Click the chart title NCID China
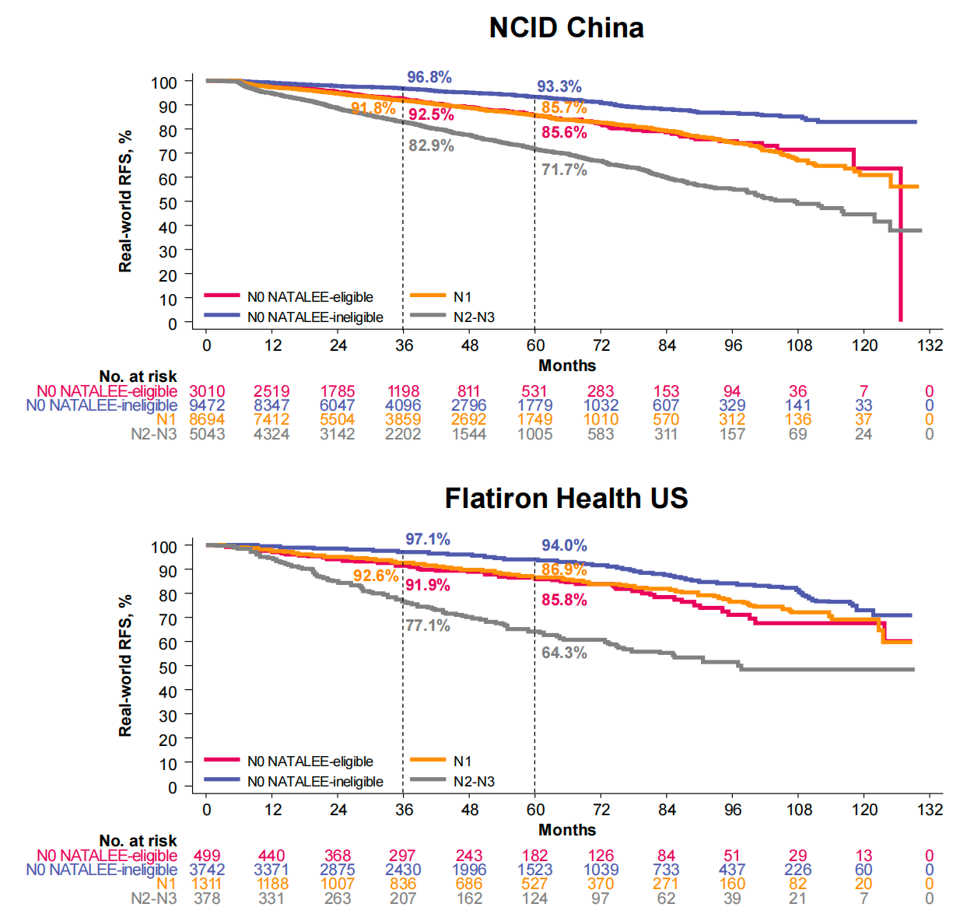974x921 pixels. pos(566,28)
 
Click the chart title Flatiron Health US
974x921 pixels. pos(566,498)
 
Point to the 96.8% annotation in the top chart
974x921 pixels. pos(429,77)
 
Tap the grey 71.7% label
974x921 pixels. pos(564,170)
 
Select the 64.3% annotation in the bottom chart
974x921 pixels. pos(564,653)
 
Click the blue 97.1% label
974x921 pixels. pos(427,539)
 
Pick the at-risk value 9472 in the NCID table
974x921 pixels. pos(207,405)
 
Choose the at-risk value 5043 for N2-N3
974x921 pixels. pos(207,434)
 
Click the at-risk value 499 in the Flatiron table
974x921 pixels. pos(207,856)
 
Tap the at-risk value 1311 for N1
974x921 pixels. pos(207,884)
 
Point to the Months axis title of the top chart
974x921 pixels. pos(567,366)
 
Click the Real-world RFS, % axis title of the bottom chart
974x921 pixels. pos(125,666)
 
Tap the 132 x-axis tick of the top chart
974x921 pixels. pos(930,345)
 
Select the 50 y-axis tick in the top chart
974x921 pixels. pos(168,203)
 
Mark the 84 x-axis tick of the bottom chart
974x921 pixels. pos(667,810)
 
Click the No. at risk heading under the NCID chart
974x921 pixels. pos(138,377)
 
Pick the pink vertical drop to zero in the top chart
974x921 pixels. pos(900,249)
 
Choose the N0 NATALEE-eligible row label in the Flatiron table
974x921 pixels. pos(107,856)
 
